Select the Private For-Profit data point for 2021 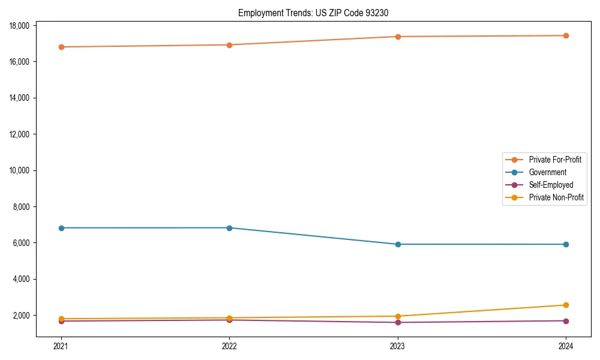(x=61, y=47)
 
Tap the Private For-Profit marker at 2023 (x=398, y=37)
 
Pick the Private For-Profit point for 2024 (x=566, y=35)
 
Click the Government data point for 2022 (x=229, y=228)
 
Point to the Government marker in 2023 (x=398, y=244)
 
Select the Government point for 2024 (x=566, y=244)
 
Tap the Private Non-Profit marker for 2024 (x=566, y=305)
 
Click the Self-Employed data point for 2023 (x=398, y=322)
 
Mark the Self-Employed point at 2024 (x=566, y=320)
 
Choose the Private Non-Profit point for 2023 (x=398, y=316)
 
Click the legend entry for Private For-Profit (x=554, y=160)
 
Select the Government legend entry (x=547, y=172)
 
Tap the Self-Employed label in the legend (x=551, y=185)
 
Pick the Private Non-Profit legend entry (x=556, y=197)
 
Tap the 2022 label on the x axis (x=229, y=346)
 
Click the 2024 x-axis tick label (x=566, y=346)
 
